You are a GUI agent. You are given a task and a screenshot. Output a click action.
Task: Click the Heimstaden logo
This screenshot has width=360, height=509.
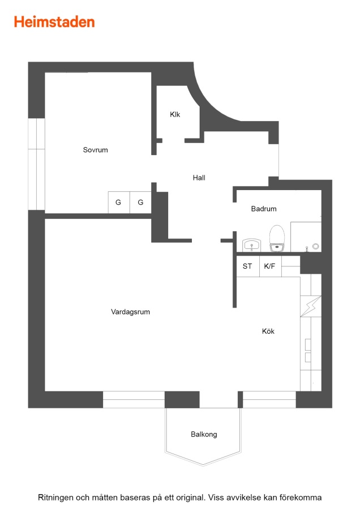[54, 21]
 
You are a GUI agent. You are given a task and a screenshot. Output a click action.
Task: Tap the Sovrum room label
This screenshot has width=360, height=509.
[95, 150]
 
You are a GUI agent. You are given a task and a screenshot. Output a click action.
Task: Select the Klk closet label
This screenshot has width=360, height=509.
[175, 114]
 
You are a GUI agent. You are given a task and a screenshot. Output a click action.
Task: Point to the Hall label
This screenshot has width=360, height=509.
[199, 178]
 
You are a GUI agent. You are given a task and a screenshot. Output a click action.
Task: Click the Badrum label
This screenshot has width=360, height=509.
[264, 209]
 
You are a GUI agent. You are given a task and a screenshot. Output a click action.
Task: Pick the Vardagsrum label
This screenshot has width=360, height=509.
[130, 312]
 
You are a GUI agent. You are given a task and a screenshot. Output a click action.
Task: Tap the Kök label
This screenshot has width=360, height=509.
[268, 331]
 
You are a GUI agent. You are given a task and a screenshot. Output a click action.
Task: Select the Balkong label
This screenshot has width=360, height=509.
[204, 434]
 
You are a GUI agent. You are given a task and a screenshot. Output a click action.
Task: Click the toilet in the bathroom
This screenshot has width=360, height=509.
[277, 238]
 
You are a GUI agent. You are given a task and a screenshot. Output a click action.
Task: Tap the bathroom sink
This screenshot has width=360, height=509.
[251, 245]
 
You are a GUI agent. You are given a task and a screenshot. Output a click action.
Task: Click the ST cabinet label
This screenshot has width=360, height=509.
[247, 266]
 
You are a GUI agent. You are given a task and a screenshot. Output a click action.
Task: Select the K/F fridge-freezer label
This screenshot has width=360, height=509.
[269, 266]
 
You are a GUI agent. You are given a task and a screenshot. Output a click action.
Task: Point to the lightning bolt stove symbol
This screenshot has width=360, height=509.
[311, 306]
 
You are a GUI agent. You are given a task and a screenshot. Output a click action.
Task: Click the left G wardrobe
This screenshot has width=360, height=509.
[119, 202]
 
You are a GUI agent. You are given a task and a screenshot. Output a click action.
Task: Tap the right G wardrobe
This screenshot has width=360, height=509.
[141, 202]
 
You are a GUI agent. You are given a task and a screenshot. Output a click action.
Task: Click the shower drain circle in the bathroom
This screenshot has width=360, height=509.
[315, 247]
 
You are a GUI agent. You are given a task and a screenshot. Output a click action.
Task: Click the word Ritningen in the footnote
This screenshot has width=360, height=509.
[55, 498]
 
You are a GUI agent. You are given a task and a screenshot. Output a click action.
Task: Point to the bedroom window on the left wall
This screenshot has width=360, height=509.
[36, 164]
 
